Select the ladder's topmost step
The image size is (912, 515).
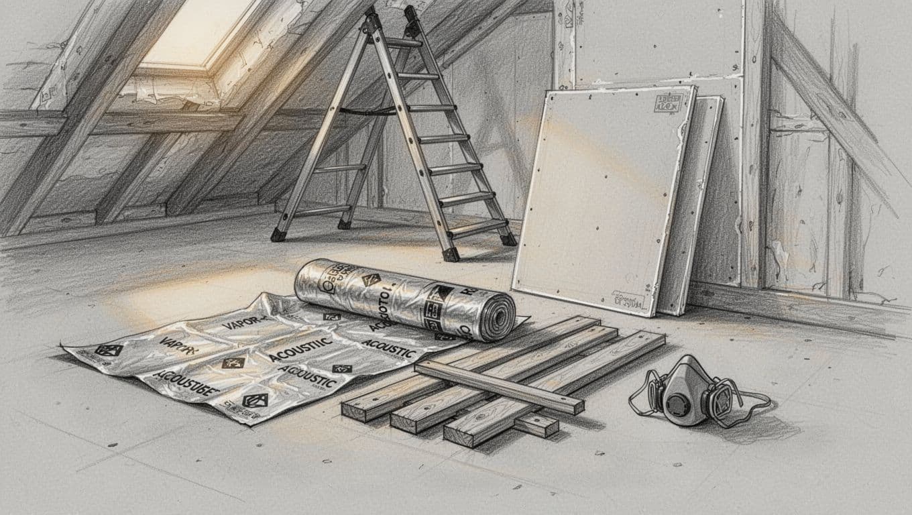click(x=402, y=43)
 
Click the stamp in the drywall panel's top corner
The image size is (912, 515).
click(x=668, y=105)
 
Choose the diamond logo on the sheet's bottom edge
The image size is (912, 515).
click(x=254, y=400)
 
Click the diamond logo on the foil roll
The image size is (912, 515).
click(x=370, y=279)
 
